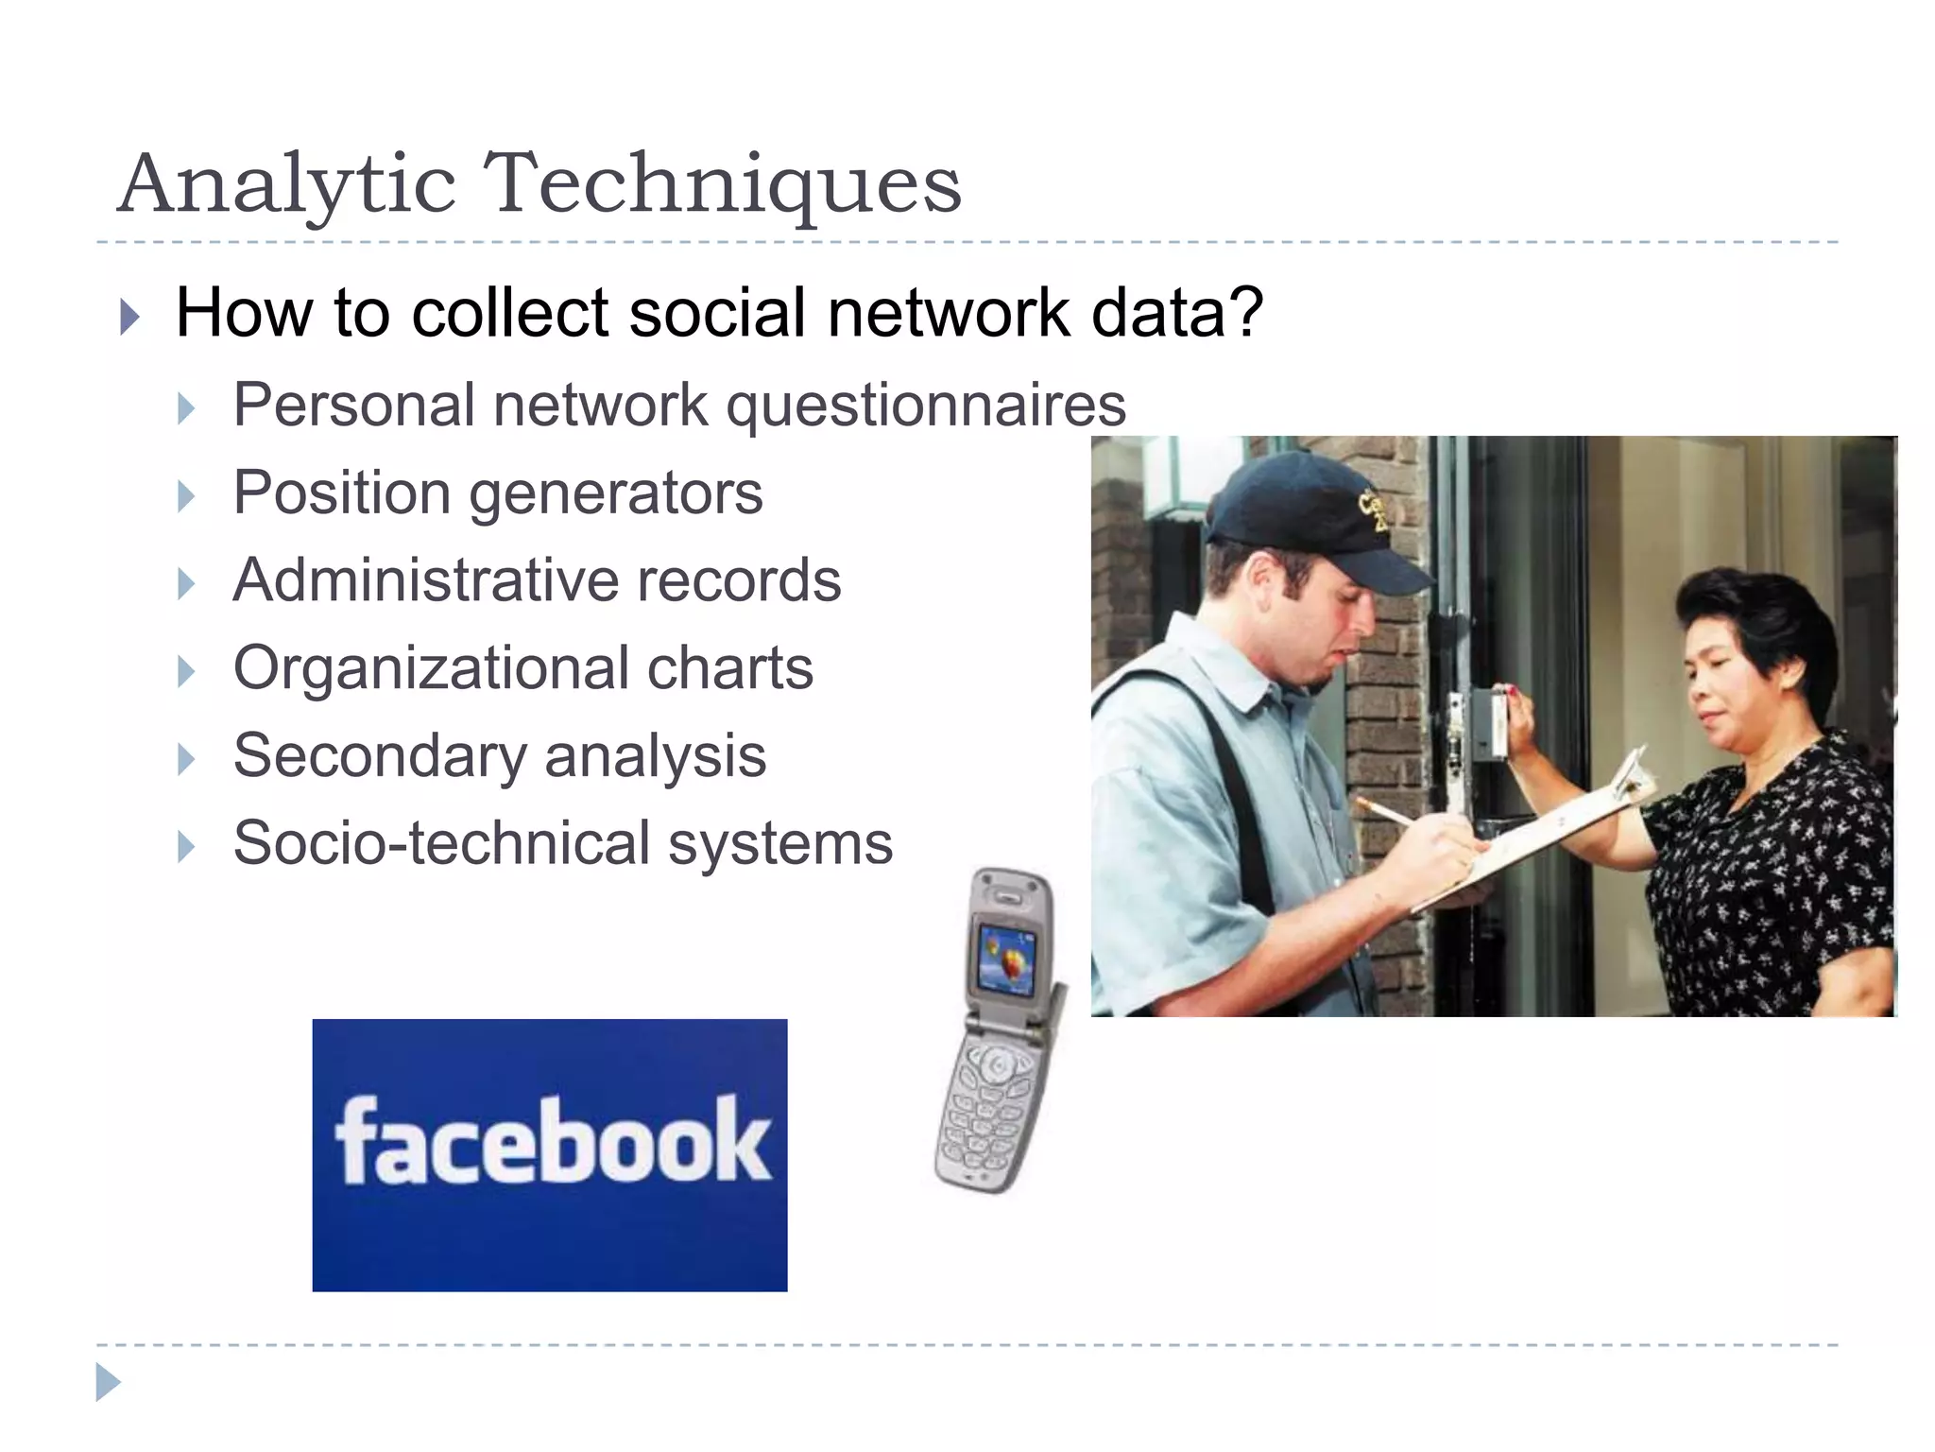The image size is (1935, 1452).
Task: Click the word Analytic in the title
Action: coord(288,184)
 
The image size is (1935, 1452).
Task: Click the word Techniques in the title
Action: coord(723,184)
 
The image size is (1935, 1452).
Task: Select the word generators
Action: coord(616,494)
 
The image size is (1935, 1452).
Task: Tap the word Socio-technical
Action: coord(441,843)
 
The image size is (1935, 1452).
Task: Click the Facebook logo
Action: coord(550,1154)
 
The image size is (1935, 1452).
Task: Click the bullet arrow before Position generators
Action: coord(186,496)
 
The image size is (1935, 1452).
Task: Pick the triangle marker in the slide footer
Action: coord(108,1382)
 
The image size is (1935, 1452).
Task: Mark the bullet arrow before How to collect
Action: coord(130,317)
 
